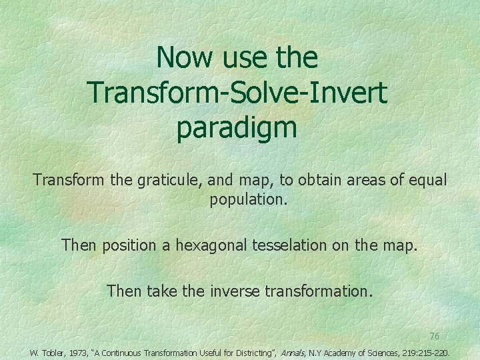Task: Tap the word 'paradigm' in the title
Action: click(237, 128)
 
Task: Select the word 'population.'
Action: click(249, 200)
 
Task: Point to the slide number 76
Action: click(434, 335)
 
